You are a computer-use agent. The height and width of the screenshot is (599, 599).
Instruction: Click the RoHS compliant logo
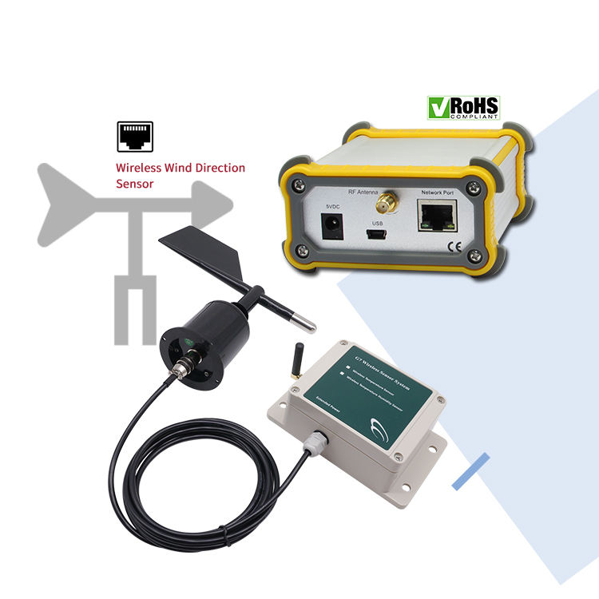[463, 107]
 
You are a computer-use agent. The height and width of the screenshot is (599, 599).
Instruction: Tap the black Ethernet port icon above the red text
[135, 137]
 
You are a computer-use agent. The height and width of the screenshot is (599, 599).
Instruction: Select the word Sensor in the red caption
[134, 184]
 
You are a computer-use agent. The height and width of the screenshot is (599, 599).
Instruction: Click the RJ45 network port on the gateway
[435, 216]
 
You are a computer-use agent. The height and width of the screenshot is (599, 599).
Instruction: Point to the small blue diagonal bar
[470, 470]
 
